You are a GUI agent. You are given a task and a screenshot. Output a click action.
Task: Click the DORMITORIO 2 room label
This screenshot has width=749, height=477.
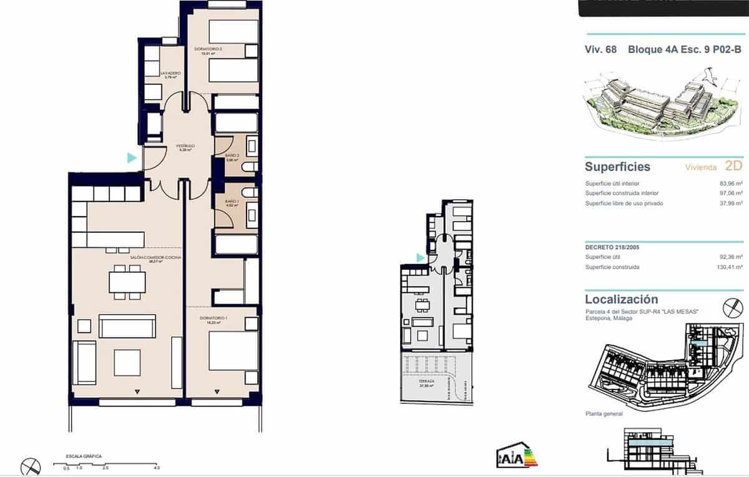(208, 49)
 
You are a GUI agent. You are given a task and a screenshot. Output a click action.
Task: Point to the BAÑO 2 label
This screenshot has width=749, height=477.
(232, 157)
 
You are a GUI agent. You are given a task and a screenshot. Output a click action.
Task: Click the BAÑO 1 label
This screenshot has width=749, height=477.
(232, 202)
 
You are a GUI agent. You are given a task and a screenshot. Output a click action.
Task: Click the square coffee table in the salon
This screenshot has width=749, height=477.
(127, 363)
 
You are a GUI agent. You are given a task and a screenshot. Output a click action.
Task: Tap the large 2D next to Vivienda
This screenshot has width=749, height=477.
(733, 166)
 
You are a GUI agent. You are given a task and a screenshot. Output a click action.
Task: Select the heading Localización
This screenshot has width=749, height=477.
(621, 299)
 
